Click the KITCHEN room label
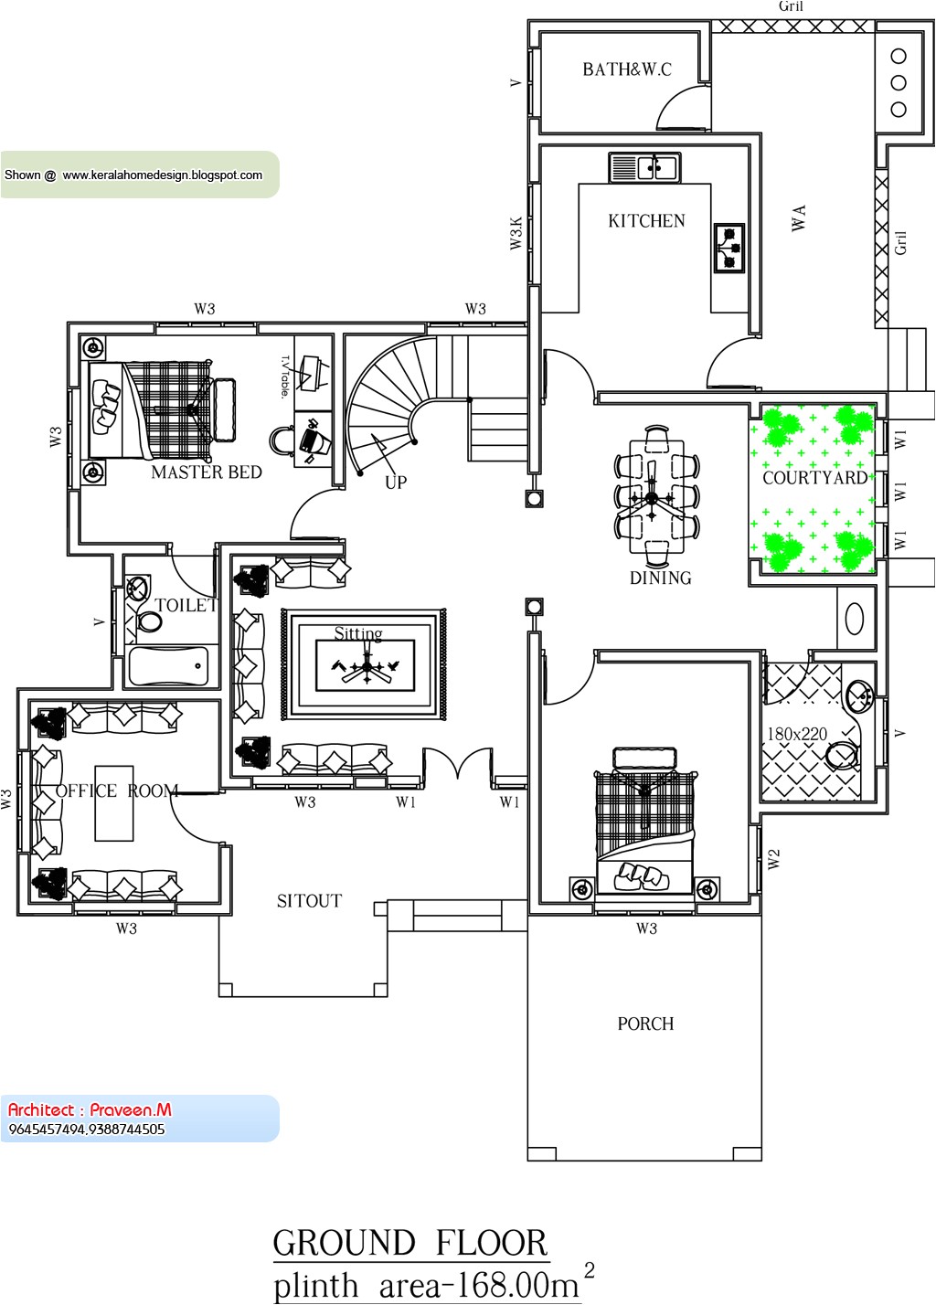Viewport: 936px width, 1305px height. pyautogui.click(x=646, y=221)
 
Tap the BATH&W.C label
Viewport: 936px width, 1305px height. pyautogui.click(x=627, y=69)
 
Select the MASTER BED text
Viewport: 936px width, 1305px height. pyautogui.click(x=207, y=472)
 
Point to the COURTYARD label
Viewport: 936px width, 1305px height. pyautogui.click(x=814, y=478)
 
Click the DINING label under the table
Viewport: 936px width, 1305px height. pyautogui.click(x=660, y=578)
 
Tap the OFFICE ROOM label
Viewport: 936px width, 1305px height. pyautogui.click(x=117, y=791)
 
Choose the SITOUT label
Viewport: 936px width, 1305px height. pyautogui.click(x=309, y=901)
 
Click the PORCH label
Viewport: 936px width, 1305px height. pyautogui.click(x=645, y=1024)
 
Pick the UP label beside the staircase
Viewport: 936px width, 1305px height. pyautogui.click(x=396, y=483)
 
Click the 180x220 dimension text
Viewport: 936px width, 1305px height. pyautogui.click(x=797, y=734)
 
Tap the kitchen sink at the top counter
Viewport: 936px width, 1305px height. pyautogui.click(x=645, y=168)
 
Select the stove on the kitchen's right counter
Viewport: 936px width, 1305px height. pyautogui.click(x=729, y=248)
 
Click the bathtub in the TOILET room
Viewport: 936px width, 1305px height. pyautogui.click(x=169, y=665)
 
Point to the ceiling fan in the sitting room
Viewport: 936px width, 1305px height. pyautogui.click(x=367, y=667)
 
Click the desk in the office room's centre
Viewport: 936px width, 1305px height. pyautogui.click(x=114, y=803)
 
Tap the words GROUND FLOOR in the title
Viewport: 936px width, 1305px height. pyautogui.click(x=410, y=1244)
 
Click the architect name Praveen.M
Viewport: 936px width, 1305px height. pyautogui.click(x=130, y=1110)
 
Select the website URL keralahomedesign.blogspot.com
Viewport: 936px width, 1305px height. pyautogui.click(x=163, y=175)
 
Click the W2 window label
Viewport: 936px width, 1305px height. pyautogui.click(x=774, y=859)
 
